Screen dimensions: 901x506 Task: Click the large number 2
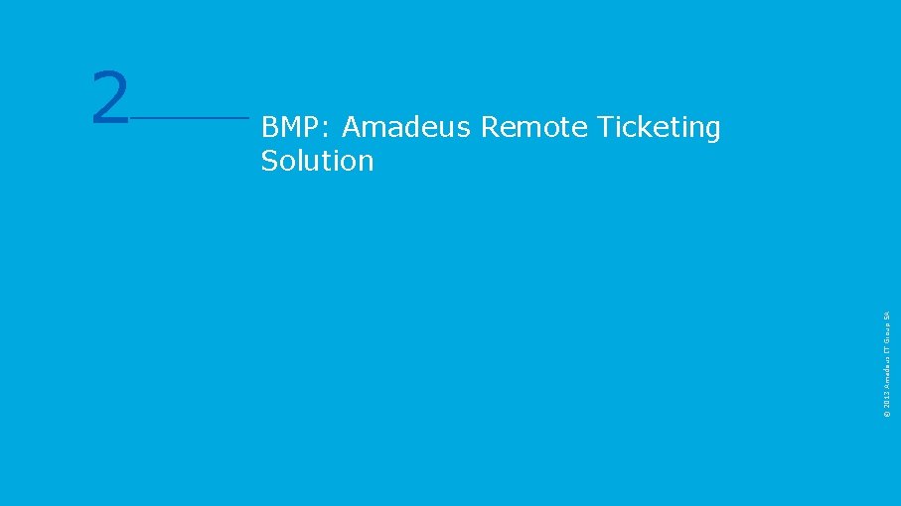110,98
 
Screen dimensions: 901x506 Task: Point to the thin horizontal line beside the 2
189,117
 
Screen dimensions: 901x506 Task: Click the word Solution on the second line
317,161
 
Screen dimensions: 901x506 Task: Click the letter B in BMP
269,127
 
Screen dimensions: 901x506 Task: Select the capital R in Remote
490,127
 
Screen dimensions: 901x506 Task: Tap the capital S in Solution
269,161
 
